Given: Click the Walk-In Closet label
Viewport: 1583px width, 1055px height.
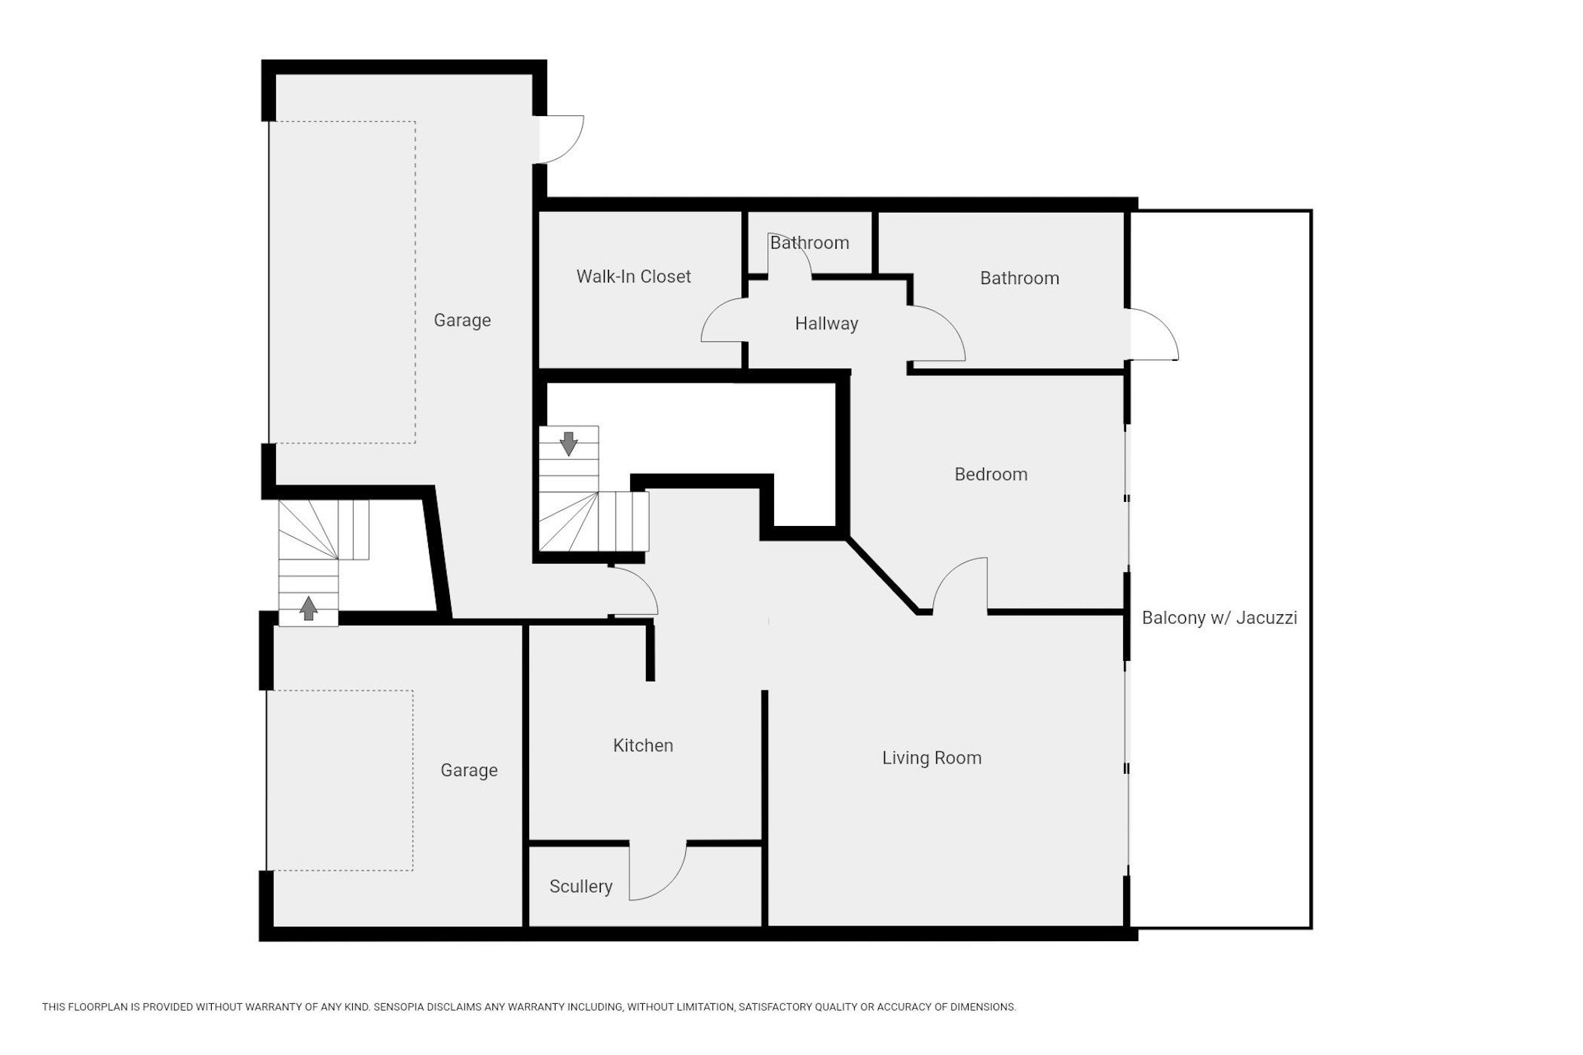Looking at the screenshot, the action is point(633,277).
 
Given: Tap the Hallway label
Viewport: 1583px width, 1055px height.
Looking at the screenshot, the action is point(826,324).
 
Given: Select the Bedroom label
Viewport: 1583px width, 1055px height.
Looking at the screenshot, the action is point(991,474).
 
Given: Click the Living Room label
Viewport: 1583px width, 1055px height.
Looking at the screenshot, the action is point(932,758).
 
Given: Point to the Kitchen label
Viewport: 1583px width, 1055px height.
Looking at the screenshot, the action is point(643,745).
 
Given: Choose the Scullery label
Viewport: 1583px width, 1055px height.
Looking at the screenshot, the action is point(580,886).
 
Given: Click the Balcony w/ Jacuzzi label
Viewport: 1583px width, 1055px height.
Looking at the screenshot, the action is point(1219,618).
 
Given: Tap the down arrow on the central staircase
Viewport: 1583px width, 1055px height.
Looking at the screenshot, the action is point(568,444).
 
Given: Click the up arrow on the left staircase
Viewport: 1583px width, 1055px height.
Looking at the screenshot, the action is point(308,608).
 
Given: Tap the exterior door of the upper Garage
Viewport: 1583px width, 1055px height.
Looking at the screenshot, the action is point(562,139).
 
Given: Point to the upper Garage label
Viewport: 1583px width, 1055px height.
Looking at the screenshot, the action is point(462,320).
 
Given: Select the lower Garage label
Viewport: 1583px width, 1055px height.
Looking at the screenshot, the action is point(469,770).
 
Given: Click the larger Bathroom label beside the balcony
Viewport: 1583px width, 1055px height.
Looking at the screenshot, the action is point(1019,278).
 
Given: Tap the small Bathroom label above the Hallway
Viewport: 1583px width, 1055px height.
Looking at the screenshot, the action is point(809,243).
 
